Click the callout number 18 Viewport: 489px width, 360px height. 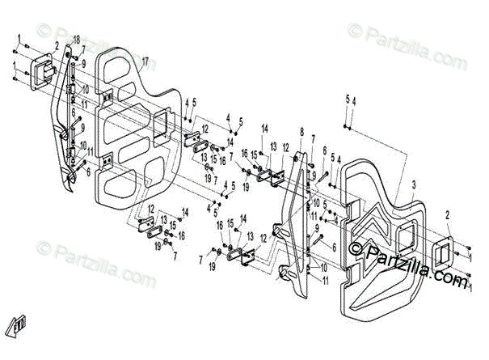(78, 40)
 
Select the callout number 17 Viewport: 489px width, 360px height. (145, 62)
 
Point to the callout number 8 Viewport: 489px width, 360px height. (301, 131)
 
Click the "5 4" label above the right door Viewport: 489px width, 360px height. (349, 100)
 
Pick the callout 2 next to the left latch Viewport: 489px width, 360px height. (57, 45)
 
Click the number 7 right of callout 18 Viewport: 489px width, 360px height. (83, 49)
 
